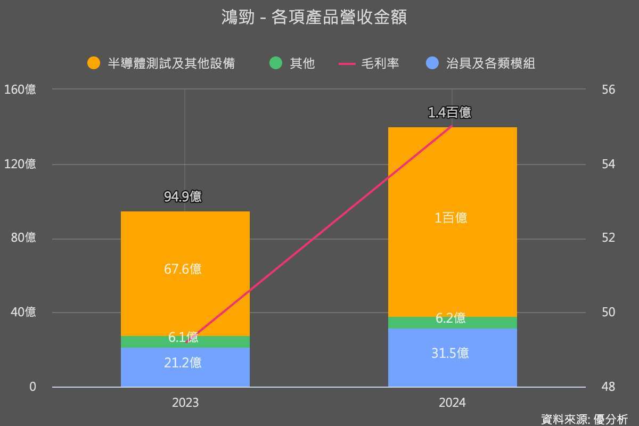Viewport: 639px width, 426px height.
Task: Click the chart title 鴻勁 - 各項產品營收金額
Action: point(314,17)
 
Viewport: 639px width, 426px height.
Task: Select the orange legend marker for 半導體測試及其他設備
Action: point(94,63)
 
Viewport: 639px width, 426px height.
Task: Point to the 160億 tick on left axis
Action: point(20,89)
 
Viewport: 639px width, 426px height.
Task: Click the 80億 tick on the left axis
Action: point(23,238)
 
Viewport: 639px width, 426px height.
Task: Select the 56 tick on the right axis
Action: point(609,89)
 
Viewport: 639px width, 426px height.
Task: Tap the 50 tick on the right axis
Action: point(609,312)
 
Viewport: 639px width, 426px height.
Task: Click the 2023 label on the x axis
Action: point(185,403)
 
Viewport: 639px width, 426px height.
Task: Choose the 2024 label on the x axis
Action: point(452,403)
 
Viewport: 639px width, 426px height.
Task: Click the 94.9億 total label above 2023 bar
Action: point(183,197)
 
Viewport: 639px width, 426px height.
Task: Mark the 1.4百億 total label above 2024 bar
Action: point(449,112)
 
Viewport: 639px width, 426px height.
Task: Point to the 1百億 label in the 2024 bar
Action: point(450,218)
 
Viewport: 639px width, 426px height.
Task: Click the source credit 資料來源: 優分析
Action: point(584,419)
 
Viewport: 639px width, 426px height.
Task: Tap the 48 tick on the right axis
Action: point(609,387)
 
